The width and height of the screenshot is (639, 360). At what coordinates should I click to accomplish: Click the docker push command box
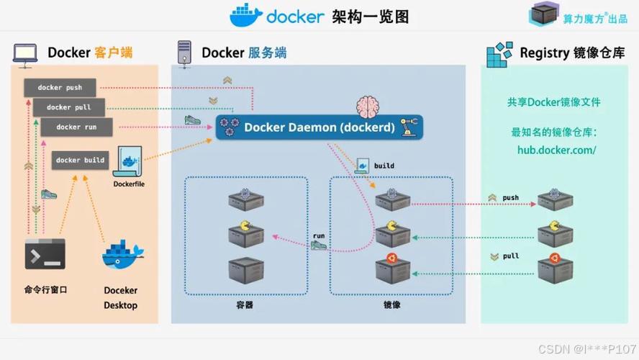click(60, 88)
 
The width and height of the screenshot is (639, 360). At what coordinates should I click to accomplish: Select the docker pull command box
click(69, 107)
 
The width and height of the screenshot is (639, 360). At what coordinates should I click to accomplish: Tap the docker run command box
click(76, 127)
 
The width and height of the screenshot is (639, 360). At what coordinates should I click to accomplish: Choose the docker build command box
click(80, 160)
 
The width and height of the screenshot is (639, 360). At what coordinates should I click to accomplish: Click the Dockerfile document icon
click(129, 163)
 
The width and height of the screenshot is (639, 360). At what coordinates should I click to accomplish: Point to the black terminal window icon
click(45, 253)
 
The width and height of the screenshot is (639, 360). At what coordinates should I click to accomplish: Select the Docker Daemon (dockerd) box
click(319, 127)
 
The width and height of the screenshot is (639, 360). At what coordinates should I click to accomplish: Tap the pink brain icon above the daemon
click(368, 105)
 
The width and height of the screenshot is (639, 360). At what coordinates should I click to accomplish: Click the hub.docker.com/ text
click(556, 150)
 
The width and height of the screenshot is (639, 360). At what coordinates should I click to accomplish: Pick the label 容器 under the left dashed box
click(245, 305)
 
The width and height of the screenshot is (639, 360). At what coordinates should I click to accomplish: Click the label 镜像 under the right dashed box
click(391, 305)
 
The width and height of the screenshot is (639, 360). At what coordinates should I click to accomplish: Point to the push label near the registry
click(510, 197)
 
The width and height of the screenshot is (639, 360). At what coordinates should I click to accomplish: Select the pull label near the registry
click(510, 256)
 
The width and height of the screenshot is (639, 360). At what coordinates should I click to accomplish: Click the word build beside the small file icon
click(384, 166)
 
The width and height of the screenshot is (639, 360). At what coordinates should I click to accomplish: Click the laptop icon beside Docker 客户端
click(25, 53)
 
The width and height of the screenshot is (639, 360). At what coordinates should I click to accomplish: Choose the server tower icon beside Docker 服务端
click(184, 53)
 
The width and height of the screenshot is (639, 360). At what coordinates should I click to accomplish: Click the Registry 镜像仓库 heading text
click(572, 53)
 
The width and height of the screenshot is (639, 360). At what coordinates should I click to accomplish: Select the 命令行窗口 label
click(45, 289)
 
